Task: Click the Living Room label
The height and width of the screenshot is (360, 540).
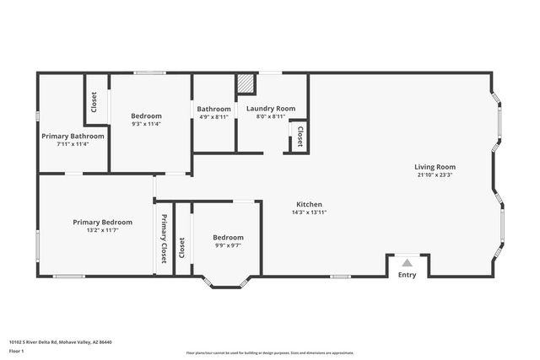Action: click(435, 167)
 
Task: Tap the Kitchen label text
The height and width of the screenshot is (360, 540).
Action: click(309, 205)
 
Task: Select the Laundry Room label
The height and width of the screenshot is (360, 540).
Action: click(270, 109)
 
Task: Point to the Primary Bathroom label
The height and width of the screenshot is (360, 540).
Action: click(73, 136)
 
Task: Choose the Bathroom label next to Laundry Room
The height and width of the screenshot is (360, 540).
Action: click(214, 109)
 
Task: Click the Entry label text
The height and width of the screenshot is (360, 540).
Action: click(407, 275)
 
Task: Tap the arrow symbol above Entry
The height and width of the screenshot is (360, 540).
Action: click(407, 262)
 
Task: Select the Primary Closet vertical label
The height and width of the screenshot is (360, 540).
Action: click(164, 239)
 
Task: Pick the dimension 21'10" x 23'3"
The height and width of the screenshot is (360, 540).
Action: click(435, 175)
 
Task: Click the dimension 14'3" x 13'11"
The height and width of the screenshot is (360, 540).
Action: click(309, 212)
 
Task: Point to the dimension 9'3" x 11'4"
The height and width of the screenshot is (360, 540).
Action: click(146, 124)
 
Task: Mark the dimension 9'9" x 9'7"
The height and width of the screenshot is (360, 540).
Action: click(228, 245)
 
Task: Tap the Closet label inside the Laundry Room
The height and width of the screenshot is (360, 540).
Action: click(300, 137)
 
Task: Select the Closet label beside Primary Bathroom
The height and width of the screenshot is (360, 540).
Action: click(94, 102)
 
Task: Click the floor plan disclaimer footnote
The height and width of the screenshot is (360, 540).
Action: click(270, 352)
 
